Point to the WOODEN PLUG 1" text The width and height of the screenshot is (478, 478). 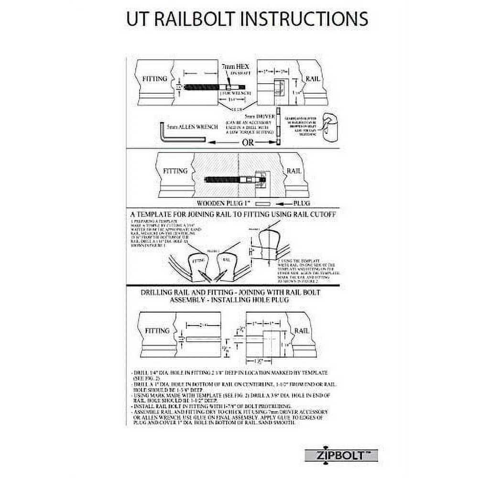(x=225, y=203)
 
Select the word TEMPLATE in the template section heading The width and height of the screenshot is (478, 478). (x=163, y=215)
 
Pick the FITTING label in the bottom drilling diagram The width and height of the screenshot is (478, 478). (x=158, y=330)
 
